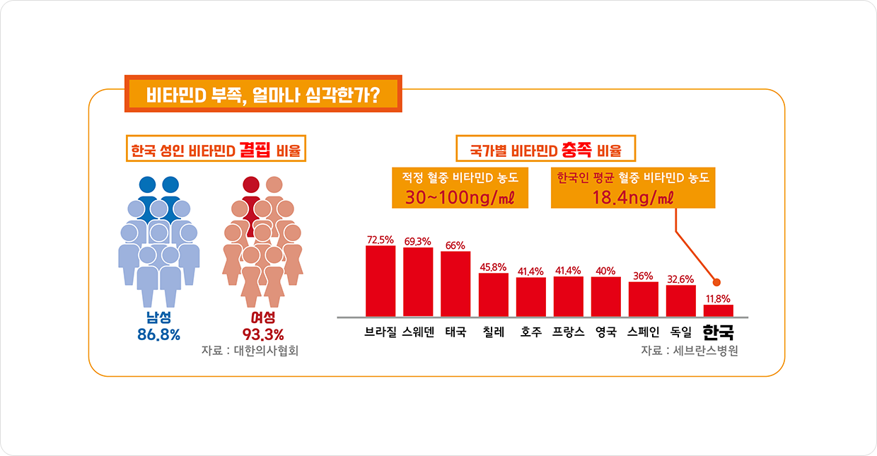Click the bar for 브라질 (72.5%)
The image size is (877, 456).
381,281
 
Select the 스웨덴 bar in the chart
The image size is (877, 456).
418,282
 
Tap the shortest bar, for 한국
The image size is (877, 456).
719,311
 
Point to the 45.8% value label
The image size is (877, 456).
494,267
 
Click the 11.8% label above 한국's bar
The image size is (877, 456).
718,299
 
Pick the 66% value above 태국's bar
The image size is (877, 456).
455,245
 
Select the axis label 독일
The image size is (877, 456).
681,332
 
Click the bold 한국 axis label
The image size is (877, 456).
719,332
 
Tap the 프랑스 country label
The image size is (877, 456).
569,332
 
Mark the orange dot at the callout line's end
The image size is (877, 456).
717,282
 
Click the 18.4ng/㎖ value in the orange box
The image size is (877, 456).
633,198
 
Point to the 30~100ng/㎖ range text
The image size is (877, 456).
460,198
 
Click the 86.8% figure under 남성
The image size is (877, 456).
158,334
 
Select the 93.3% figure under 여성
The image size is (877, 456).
263,334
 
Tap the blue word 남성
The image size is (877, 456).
158,317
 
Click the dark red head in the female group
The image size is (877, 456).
251,185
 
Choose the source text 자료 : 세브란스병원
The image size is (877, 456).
690,351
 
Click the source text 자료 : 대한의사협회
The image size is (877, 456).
250,351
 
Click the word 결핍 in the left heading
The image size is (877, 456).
255,149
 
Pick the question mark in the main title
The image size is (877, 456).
374,95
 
